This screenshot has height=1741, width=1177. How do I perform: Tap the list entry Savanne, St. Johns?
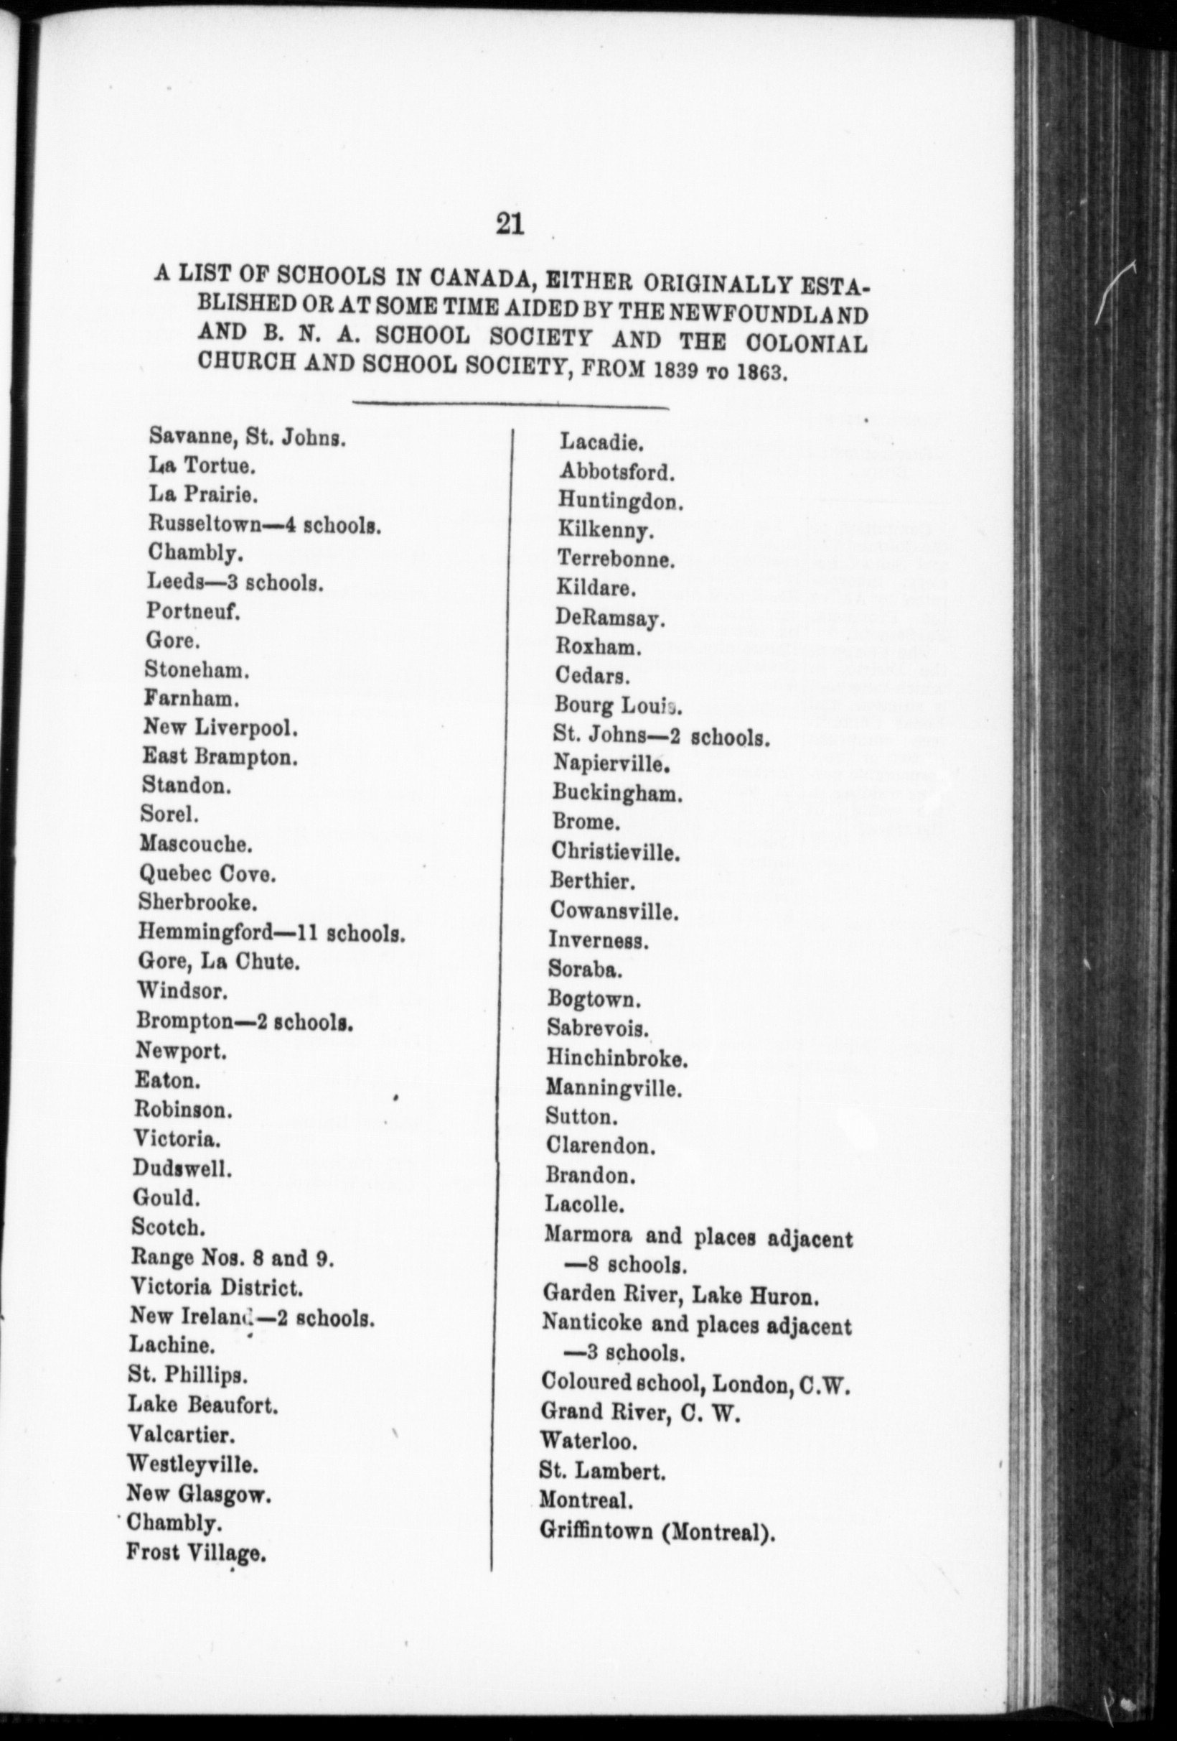point(247,437)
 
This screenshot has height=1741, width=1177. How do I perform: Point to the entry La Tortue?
point(202,466)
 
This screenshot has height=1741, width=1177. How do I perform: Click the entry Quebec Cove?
point(207,874)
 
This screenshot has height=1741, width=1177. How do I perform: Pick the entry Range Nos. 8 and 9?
point(232,1257)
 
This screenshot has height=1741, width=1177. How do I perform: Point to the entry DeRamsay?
point(609,618)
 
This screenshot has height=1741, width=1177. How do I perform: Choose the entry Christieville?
point(616,853)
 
